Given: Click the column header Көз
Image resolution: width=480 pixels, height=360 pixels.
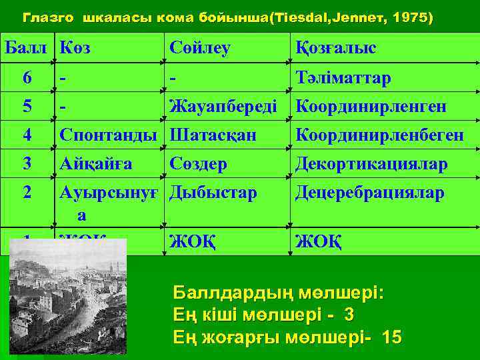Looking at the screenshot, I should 75,49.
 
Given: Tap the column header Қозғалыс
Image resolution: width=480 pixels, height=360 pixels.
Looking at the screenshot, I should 336,49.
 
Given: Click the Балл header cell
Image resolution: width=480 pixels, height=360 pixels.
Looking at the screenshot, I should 27,49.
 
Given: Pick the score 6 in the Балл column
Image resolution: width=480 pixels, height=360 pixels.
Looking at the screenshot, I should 27,78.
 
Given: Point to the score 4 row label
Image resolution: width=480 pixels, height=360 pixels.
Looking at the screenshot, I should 27,135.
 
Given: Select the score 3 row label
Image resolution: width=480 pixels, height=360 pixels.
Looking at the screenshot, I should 27,164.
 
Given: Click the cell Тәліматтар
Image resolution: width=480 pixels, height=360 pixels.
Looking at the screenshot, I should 343,78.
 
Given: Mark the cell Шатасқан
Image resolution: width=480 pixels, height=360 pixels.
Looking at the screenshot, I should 213,135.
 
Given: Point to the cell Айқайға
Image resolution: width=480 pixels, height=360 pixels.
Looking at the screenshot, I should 96,164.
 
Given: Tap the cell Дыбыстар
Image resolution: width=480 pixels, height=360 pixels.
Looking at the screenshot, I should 213,193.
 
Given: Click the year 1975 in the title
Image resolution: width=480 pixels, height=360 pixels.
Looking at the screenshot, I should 411,18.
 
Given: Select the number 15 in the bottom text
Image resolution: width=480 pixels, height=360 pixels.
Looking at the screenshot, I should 392,337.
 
